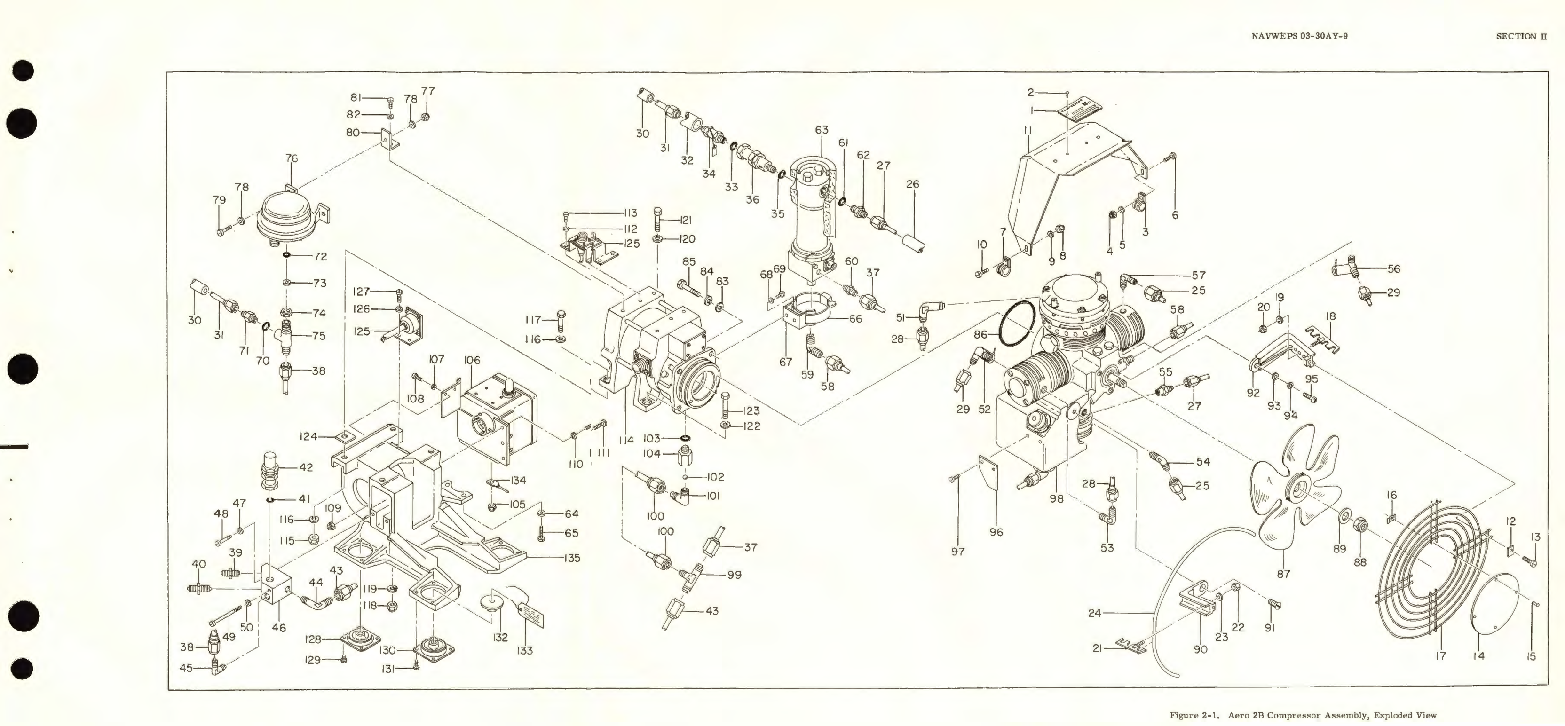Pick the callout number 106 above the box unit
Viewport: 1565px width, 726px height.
[x=472, y=360]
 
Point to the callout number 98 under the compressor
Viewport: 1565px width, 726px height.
[x=1057, y=498]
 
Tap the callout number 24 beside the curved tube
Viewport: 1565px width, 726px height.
[x=1095, y=613]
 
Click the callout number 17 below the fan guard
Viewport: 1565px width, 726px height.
[x=1440, y=655]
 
